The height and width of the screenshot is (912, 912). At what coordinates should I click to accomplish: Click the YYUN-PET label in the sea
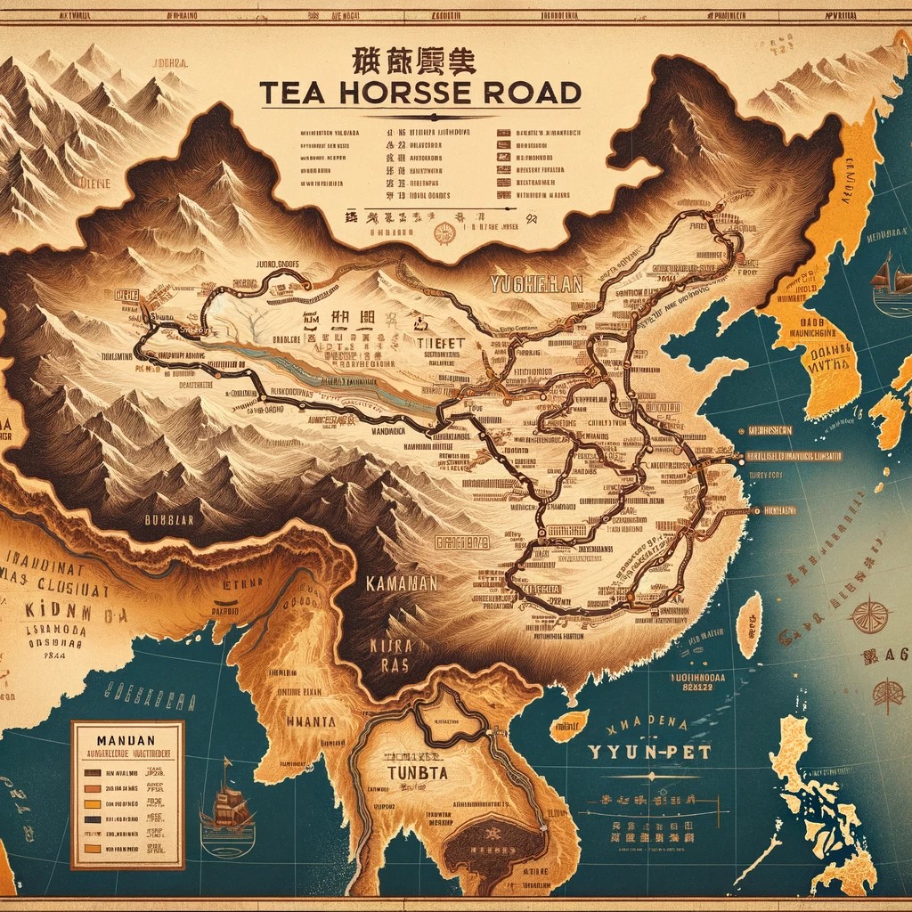click(x=653, y=753)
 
